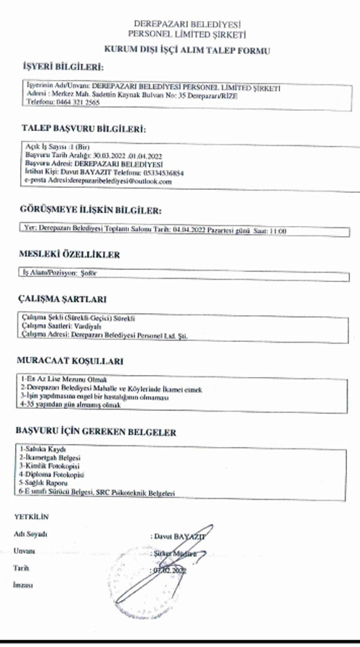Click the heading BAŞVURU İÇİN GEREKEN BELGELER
[96, 432]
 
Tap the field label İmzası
[24, 587]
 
